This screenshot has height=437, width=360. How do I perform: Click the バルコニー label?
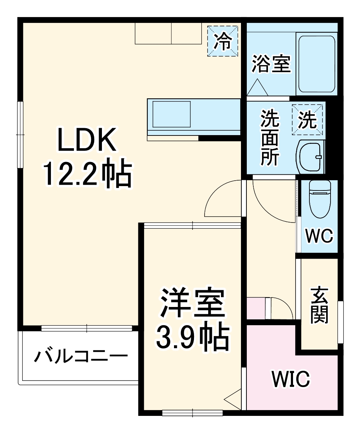[x=81, y=356]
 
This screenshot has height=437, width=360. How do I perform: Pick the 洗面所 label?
[x=270, y=138]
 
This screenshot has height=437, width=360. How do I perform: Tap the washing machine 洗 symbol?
[x=308, y=119]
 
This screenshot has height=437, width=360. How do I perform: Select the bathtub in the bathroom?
[x=316, y=63]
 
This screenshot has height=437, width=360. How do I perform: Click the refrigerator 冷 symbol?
[x=222, y=41]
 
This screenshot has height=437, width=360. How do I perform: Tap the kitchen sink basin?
[x=171, y=114]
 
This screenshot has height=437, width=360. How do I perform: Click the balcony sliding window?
[x=87, y=328]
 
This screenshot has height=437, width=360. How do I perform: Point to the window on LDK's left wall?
[x=20, y=135]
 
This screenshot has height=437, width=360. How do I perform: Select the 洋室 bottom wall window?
[x=192, y=413]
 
